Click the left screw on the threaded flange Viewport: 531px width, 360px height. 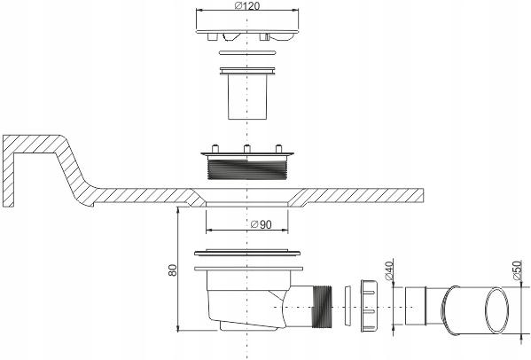point(214,149)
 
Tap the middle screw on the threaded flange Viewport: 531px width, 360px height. point(246,149)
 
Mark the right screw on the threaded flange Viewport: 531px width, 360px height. point(278,149)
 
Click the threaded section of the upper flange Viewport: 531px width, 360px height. point(246,168)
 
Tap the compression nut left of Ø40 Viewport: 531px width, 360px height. point(370,309)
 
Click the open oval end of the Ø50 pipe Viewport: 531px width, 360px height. point(494,309)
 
